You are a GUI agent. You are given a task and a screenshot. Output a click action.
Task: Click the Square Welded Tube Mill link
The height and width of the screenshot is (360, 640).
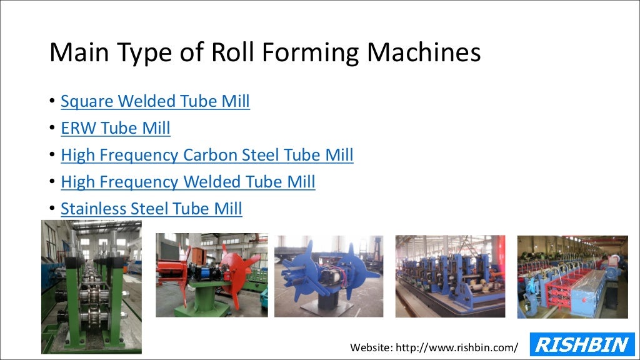(155, 101)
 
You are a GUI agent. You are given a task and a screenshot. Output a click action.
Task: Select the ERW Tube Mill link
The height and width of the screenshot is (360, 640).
(116, 128)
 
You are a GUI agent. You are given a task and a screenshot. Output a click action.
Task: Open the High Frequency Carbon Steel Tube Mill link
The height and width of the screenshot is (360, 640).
(207, 155)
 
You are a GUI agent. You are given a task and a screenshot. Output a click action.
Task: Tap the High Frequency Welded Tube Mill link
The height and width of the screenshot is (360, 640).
(187, 182)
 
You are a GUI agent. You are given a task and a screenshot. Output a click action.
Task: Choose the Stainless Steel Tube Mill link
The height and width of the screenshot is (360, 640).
(151, 209)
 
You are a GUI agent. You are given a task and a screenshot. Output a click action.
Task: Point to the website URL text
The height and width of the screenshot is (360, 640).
(434, 347)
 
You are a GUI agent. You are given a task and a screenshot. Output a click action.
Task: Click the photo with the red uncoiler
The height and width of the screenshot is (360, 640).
(211, 275)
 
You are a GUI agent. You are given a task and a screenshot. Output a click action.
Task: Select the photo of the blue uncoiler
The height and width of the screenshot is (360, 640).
(329, 275)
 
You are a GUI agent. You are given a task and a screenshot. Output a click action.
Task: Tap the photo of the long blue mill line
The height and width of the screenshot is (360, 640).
(450, 276)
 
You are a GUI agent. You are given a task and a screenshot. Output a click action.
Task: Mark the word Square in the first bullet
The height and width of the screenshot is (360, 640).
(87, 101)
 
